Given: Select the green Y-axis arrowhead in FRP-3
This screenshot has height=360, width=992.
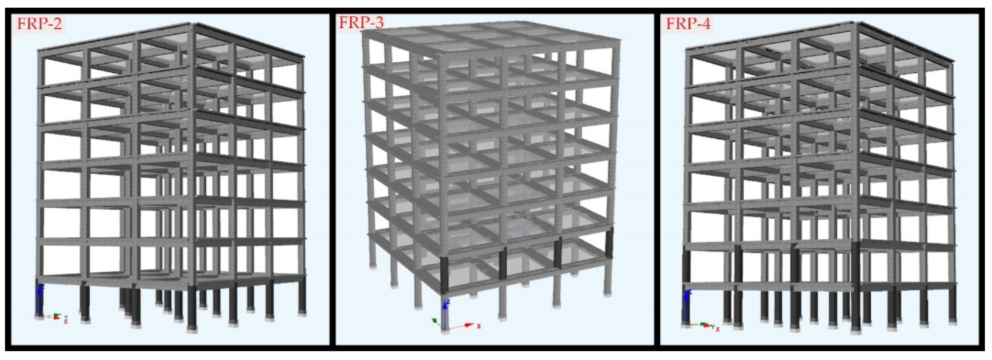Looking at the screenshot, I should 434,320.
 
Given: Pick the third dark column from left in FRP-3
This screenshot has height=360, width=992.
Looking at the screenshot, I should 557,253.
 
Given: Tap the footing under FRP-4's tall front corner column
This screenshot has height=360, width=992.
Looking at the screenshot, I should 856,330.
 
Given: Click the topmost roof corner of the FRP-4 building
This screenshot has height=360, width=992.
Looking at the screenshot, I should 857,23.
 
